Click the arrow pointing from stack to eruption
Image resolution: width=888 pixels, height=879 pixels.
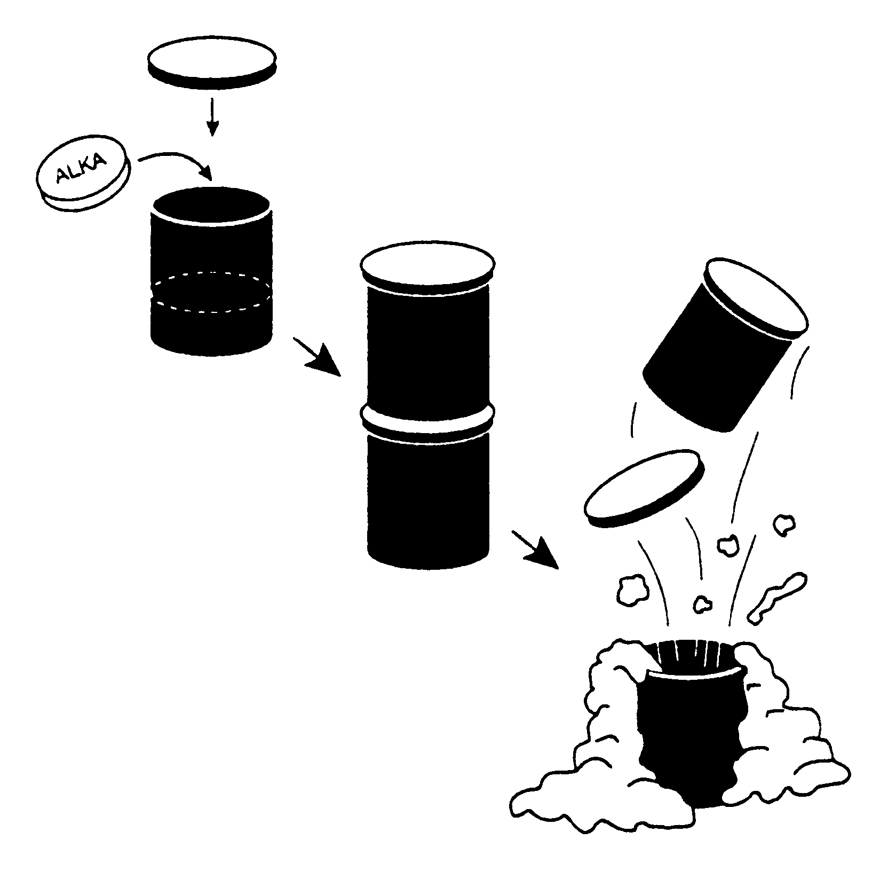click(535, 550)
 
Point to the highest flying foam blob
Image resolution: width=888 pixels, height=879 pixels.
click(783, 524)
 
